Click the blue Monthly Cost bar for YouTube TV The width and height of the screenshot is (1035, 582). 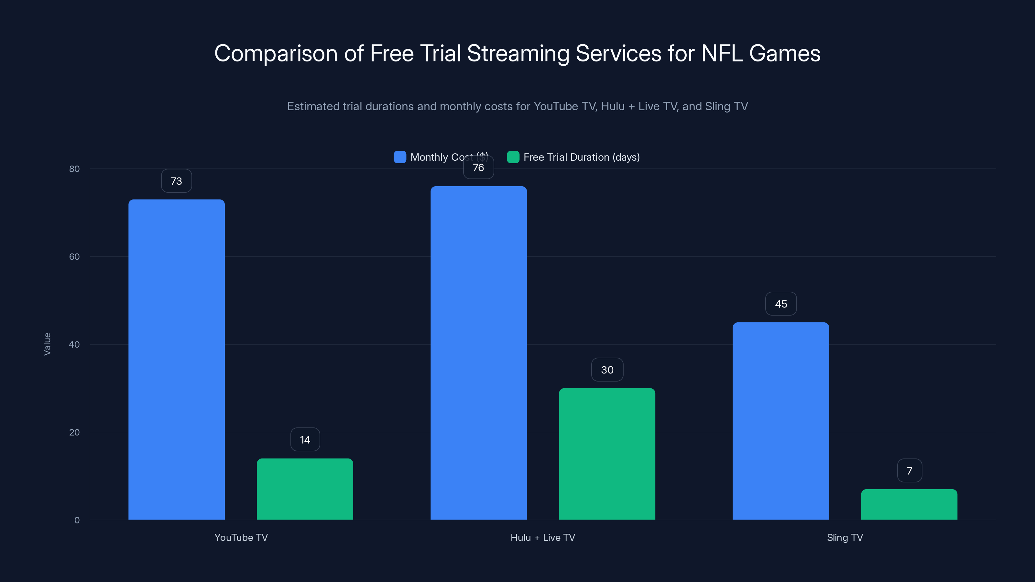click(x=176, y=359)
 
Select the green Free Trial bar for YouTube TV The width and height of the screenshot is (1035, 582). click(x=305, y=489)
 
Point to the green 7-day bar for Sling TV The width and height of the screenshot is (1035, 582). click(x=909, y=504)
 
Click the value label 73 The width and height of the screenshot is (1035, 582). click(x=176, y=181)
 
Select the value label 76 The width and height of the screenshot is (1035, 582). click(x=478, y=167)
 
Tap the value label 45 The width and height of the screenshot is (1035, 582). click(x=781, y=304)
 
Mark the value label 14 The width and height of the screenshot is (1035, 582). click(x=305, y=440)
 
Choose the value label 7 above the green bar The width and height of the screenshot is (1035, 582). click(x=909, y=471)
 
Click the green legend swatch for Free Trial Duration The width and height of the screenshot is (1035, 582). click(x=513, y=157)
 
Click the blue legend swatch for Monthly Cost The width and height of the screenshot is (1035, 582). click(x=400, y=157)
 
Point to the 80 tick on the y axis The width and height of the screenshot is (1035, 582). click(x=74, y=169)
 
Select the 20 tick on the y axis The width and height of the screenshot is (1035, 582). click(x=74, y=432)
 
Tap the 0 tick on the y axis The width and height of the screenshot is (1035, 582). click(x=77, y=520)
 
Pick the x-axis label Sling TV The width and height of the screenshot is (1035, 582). click(x=844, y=537)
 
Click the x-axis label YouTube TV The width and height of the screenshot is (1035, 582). click(x=241, y=537)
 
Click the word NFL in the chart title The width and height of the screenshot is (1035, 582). click(x=721, y=53)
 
